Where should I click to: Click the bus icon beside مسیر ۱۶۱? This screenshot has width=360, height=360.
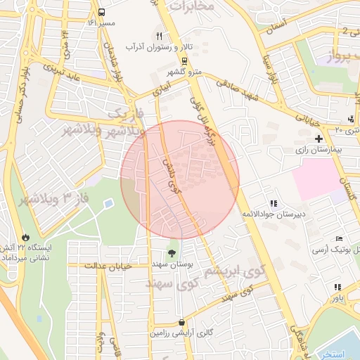(x=102, y=13)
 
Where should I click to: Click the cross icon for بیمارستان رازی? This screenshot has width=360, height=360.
(x=319, y=139)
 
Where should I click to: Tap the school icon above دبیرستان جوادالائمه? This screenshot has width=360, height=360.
(x=274, y=203)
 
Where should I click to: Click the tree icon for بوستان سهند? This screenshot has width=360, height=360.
(x=172, y=252)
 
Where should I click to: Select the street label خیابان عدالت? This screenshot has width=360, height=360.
(x=107, y=266)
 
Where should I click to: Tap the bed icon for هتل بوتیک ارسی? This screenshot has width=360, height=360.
(x=340, y=239)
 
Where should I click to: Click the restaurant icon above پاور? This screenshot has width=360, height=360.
(x=337, y=287)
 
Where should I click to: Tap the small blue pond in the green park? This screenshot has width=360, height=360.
(x=108, y=203)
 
